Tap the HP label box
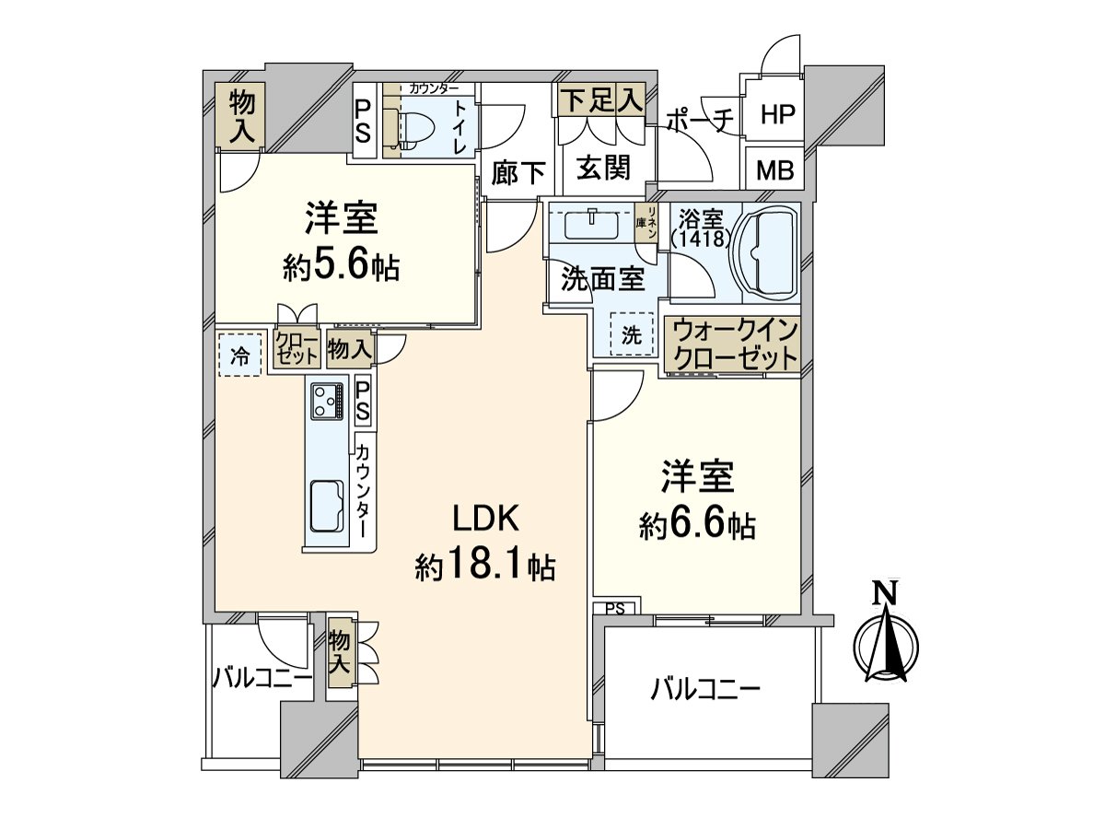point(776,115)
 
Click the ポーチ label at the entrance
point(700,121)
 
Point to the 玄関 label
point(603,168)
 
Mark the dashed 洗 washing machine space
point(631,335)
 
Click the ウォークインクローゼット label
point(734,345)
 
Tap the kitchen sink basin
point(326,506)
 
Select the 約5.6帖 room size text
point(340,266)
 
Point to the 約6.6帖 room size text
point(697,526)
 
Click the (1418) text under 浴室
point(701,239)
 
